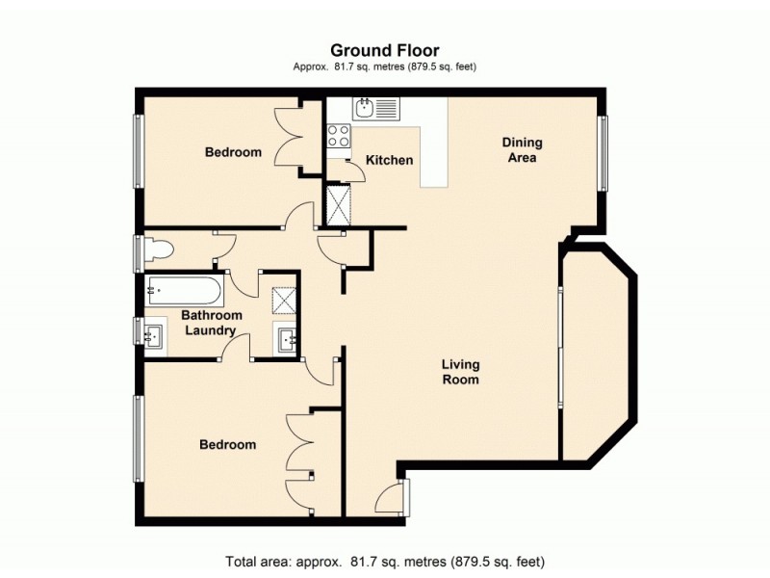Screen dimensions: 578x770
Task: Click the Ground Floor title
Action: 385,50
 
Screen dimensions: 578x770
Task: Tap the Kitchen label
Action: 390,160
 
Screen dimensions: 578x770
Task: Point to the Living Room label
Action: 460,372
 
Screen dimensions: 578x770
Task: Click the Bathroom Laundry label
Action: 212,323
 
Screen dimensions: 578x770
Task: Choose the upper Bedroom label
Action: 233,152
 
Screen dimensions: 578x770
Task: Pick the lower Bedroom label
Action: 227,444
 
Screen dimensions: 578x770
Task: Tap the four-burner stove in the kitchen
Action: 339,137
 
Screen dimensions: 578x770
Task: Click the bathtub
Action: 185,288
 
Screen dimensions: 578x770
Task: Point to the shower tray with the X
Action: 284,302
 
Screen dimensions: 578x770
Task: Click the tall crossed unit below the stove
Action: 339,203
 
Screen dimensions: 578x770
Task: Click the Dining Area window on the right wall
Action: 603,152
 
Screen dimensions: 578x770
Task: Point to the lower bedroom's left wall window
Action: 139,437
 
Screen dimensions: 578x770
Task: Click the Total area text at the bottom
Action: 385,561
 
